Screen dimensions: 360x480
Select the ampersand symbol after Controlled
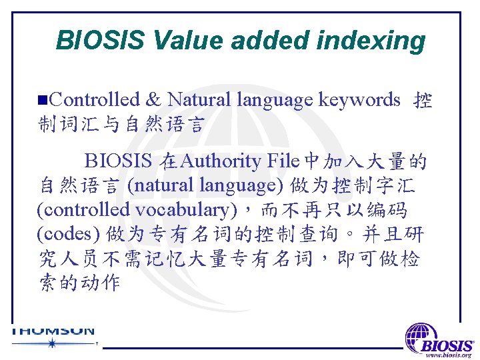[153, 100]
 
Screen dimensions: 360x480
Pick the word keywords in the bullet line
[359, 100]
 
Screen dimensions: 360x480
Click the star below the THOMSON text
[51, 343]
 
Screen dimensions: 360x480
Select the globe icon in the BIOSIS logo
[422, 336]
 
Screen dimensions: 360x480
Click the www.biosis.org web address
[449, 355]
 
